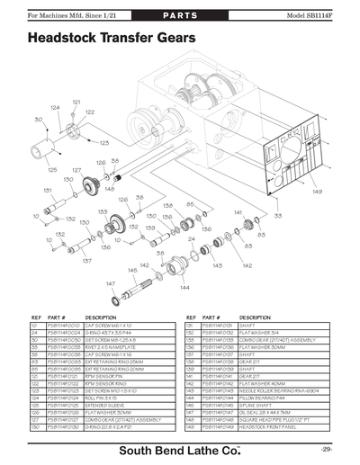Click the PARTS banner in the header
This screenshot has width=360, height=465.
point(179,17)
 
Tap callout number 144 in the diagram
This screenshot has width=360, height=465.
point(184,288)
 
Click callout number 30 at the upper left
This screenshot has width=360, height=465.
point(38,118)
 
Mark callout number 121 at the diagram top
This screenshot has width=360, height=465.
point(76,102)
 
